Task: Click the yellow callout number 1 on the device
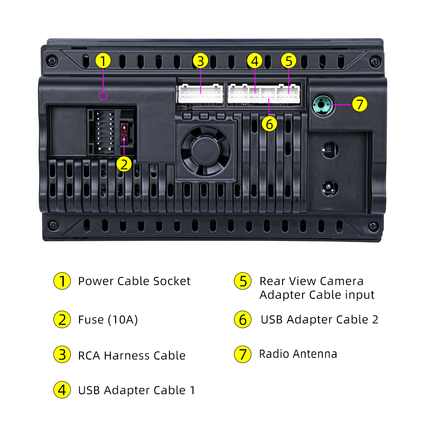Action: point(103,61)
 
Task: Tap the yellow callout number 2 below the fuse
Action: point(124,164)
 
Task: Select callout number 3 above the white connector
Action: point(200,61)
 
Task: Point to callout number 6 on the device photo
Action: point(269,124)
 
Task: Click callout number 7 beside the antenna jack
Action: point(360,104)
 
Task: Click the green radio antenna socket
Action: point(323,105)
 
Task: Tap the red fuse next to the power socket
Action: point(124,134)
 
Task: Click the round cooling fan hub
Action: point(205,151)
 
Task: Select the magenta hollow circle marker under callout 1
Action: point(103,96)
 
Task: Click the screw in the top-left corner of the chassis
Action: point(52,61)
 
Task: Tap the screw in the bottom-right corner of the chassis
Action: point(373,226)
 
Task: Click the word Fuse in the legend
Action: point(91,320)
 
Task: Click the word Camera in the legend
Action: point(342,281)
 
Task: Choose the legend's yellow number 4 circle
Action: point(62,390)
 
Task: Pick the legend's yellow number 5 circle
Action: point(243,281)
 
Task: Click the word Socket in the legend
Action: point(172,281)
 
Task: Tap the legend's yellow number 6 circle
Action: point(243,319)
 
